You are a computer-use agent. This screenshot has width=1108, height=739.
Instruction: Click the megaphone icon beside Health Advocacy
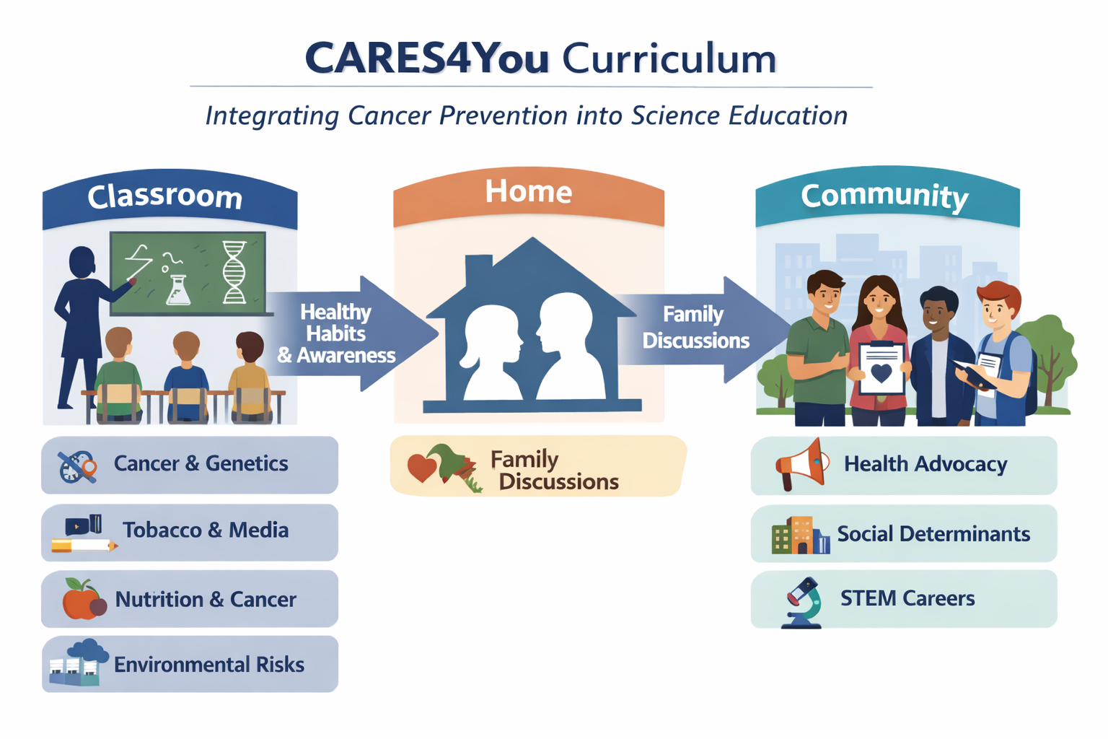click(802, 465)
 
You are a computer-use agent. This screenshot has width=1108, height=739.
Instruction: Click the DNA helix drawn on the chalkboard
click(234, 271)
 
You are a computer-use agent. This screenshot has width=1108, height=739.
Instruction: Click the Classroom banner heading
click(165, 197)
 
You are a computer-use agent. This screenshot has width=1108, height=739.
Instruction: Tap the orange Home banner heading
click(528, 192)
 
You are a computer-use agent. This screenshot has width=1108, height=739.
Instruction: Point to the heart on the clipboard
click(881, 373)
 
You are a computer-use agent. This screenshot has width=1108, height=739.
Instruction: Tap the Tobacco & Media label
click(206, 530)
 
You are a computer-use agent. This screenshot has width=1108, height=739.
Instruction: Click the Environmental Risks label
click(209, 665)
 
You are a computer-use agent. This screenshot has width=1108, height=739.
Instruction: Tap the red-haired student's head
click(999, 303)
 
